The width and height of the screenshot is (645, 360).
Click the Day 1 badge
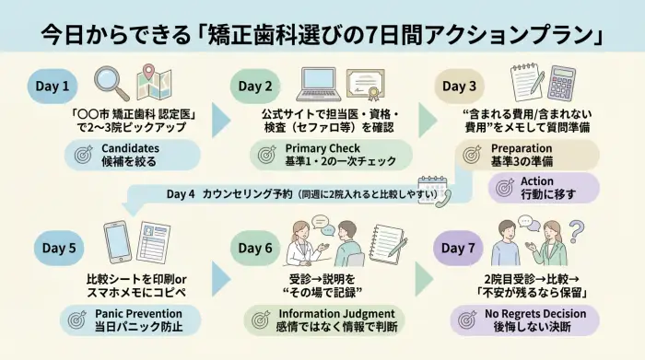tap(53, 87)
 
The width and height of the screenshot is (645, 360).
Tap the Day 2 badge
tap(255, 87)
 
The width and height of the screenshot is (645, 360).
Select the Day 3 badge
tap(458, 87)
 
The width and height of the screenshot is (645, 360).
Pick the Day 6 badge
tap(255, 248)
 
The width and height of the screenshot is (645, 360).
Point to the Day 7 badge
tap(458, 248)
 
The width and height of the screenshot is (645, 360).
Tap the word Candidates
tap(131, 147)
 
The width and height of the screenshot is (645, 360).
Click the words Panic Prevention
tap(136, 314)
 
